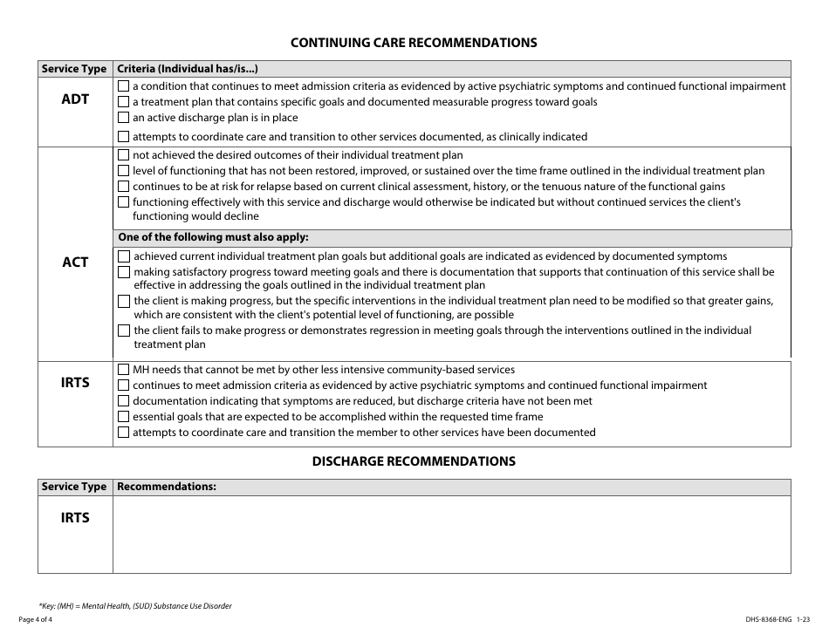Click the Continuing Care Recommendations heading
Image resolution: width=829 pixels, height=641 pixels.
pos(413,42)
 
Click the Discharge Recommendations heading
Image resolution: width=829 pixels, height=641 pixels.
pos(414,460)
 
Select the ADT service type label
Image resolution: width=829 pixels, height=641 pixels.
pos(75,99)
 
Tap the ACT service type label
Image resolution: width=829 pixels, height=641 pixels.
pos(75,262)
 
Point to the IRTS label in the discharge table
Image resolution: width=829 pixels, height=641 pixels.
pos(75,518)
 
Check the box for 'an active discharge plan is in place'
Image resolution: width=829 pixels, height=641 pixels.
pos(123,118)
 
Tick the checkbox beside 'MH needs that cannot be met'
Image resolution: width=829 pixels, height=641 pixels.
pos(123,370)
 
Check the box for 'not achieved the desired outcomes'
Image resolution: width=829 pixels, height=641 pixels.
pos(123,155)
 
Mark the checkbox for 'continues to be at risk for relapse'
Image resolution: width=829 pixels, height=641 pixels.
pos(123,187)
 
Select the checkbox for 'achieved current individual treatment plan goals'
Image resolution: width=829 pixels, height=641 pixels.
pos(124,256)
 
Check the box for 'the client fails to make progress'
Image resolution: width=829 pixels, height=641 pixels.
pos(124,331)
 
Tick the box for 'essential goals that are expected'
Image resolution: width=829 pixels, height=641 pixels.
pos(123,417)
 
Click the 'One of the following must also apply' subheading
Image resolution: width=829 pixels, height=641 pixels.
pos(213,237)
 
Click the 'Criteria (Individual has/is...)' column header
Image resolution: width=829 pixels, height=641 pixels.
pos(188,69)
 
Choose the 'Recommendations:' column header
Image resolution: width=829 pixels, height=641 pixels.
pos(167,487)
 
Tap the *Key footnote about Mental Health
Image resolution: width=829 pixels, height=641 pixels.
pos(135,605)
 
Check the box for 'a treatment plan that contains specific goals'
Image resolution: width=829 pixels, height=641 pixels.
pos(123,102)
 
